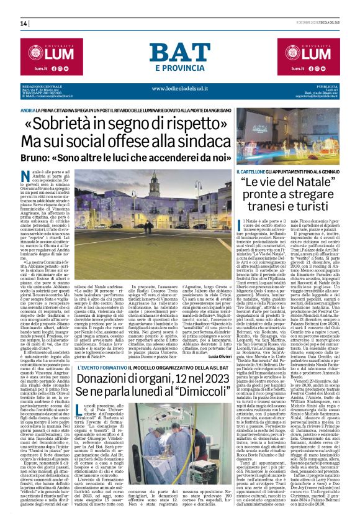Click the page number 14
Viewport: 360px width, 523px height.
(24, 24)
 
